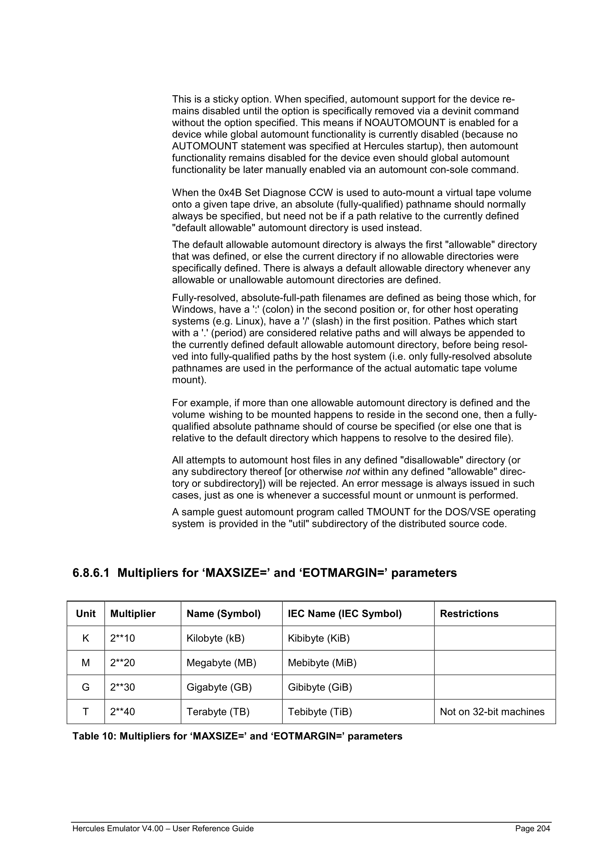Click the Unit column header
coord(86,613)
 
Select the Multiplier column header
coord(133,613)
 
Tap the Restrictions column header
coord(469,613)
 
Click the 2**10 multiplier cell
coord(122,638)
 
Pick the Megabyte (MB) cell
coord(221,663)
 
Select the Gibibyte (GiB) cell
coord(320,687)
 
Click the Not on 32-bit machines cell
coord(492,712)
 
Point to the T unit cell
coord(86,712)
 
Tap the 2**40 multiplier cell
coord(122,712)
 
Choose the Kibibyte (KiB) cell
coord(319,638)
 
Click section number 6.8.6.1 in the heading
coord(91,573)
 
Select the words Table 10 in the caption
coord(94,736)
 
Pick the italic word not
coord(353,472)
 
